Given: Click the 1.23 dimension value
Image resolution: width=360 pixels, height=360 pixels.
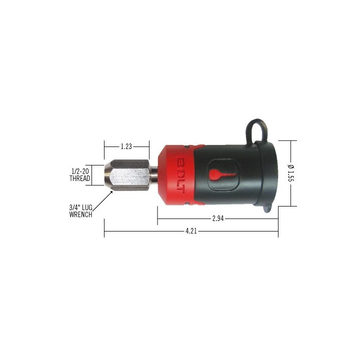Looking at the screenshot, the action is pyautogui.click(x=126, y=146).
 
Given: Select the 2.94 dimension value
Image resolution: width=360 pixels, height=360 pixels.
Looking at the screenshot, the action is pyautogui.click(x=218, y=218).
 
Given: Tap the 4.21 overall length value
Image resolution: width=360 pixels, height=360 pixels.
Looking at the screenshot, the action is pyautogui.click(x=191, y=230).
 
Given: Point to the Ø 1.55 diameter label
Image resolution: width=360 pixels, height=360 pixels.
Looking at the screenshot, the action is pyautogui.click(x=290, y=173).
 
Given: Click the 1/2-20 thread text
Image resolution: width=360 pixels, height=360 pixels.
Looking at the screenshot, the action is pyautogui.click(x=80, y=171).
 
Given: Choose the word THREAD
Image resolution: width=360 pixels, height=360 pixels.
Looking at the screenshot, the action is pyautogui.click(x=79, y=178).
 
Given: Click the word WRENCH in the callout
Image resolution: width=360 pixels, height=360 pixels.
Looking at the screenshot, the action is pyautogui.click(x=80, y=214).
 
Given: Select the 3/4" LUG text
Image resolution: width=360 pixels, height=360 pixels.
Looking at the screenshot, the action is pyautogui.click(x=81, y=207).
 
